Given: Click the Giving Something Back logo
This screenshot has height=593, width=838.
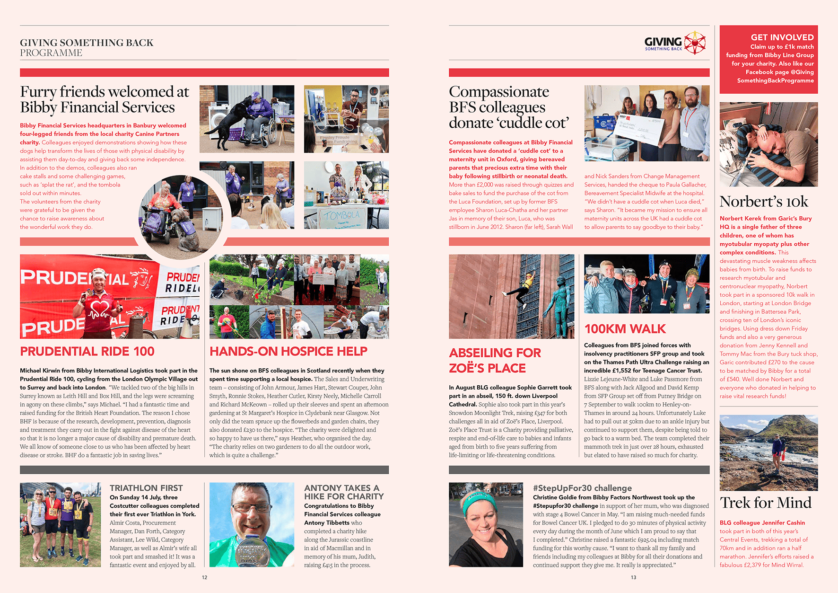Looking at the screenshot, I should pyautogui.click(x=674, y=43).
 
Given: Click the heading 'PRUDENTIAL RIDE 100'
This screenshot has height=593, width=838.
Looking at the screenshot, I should pyautogui.click(x=87, y=351).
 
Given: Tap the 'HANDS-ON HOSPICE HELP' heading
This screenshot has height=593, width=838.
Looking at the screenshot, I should pyautogui.click(x=288, y=351).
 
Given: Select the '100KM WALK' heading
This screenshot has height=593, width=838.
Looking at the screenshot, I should pyautogui.click(x=625, y=329).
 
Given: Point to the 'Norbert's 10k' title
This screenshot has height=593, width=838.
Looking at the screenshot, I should pyautogui.click(x=763, y=202).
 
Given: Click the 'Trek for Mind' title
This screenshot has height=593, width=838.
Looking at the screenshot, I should pyautogui.click(x=765, y=503).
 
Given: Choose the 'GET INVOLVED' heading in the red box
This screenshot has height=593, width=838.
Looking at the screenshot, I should pyautogui.click(x=782, y=37).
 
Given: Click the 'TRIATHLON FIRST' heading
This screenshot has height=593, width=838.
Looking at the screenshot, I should pyautogui.click(x=146, y=488).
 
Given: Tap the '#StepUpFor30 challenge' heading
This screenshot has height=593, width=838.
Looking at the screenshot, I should pyautogui.click(x=582, y=488).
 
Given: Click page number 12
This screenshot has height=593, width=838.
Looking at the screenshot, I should pyautogui.click(x=204, y=577).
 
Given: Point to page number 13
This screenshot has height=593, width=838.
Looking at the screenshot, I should pyautogui.click(x=633, y=577).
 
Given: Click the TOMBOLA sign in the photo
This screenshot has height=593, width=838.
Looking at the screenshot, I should pyautogui.click(x=341, y=215).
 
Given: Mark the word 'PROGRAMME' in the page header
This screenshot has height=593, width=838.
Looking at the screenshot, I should pyautogui.click(x=51, y=53).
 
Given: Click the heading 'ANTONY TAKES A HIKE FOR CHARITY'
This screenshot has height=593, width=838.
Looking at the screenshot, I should pyautogui.click(x=343, y=492).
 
